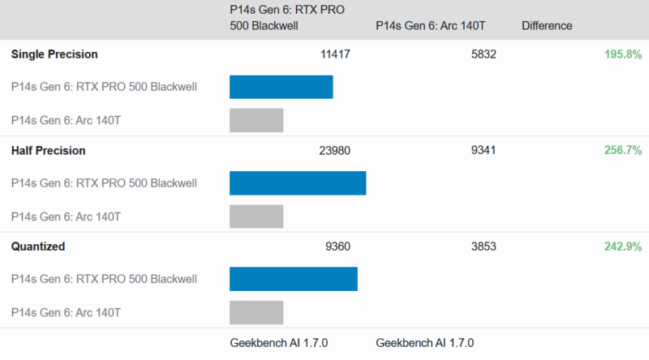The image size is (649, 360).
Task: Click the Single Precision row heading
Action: pos(54,54)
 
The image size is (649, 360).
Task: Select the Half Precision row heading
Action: pos(49,150)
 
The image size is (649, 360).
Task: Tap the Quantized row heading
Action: pos(38,246)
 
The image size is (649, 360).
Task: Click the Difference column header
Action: pos(547,26)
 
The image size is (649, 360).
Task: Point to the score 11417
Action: pos(336,54)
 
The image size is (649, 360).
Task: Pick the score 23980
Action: pos(336,150)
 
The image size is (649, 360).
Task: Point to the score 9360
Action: pos(336,246)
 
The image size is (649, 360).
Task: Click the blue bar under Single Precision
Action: pos(281,87)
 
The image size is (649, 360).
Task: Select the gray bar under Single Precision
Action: pos(256,120)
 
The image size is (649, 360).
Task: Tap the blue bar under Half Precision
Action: pos(298,183)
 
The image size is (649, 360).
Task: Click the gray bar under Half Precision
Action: pos(256,216)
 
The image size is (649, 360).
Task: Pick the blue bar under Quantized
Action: pos(293,279)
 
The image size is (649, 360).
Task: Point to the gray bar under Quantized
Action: pos(256,312)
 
